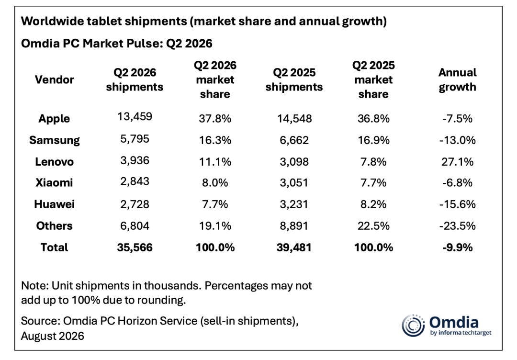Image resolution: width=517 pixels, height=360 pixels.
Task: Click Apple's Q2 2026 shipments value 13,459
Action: [135, 116]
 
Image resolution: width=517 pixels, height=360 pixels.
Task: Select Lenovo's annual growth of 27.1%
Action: [457, 161]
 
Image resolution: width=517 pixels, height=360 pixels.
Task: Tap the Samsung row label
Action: [55, 140]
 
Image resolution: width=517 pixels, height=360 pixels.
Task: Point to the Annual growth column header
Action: [457, 80]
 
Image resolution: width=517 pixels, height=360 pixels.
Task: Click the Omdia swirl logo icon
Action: [413, 326]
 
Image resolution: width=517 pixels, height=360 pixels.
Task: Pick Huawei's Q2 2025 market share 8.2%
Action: [373, 204]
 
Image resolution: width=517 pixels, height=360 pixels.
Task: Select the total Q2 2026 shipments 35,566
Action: [135, 247]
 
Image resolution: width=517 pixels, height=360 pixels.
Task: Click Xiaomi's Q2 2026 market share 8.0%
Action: [215, 183]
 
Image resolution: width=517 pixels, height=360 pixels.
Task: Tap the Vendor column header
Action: [55, 79]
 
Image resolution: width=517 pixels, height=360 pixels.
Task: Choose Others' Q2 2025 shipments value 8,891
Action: [294, 226]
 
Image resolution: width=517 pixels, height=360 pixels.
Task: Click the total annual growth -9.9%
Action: [457, 247]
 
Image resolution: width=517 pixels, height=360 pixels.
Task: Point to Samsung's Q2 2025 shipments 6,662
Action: [294, 140]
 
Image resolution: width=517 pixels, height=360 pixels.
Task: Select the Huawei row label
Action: [55, 204]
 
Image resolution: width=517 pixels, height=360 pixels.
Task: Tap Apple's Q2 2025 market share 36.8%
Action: [373, 118]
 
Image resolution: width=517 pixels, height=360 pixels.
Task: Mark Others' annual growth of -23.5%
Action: [457, 226]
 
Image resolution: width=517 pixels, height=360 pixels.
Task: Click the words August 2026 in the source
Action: [53, 336]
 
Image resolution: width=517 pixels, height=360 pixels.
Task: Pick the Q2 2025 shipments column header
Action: [294, 79]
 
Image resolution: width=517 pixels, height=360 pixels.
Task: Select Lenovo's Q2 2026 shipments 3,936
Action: [135, 160]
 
